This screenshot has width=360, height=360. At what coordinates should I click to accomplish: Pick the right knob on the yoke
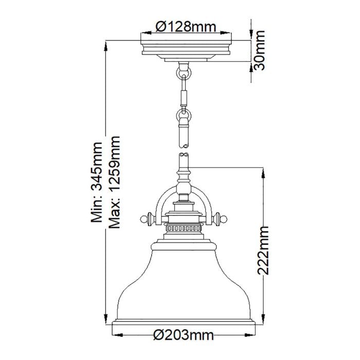(x=223, y=219)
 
